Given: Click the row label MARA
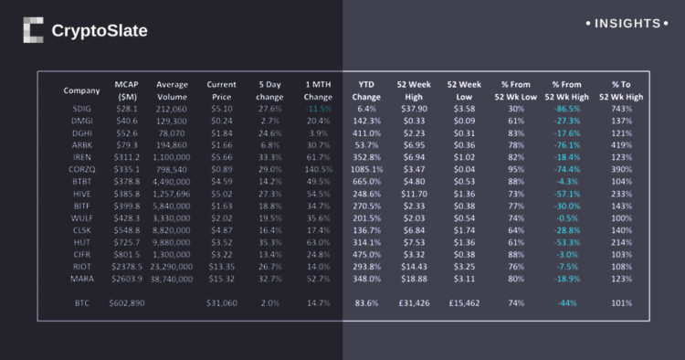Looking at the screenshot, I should click(x=81, y=278).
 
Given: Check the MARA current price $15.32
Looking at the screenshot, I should click(x=221, y=278).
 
